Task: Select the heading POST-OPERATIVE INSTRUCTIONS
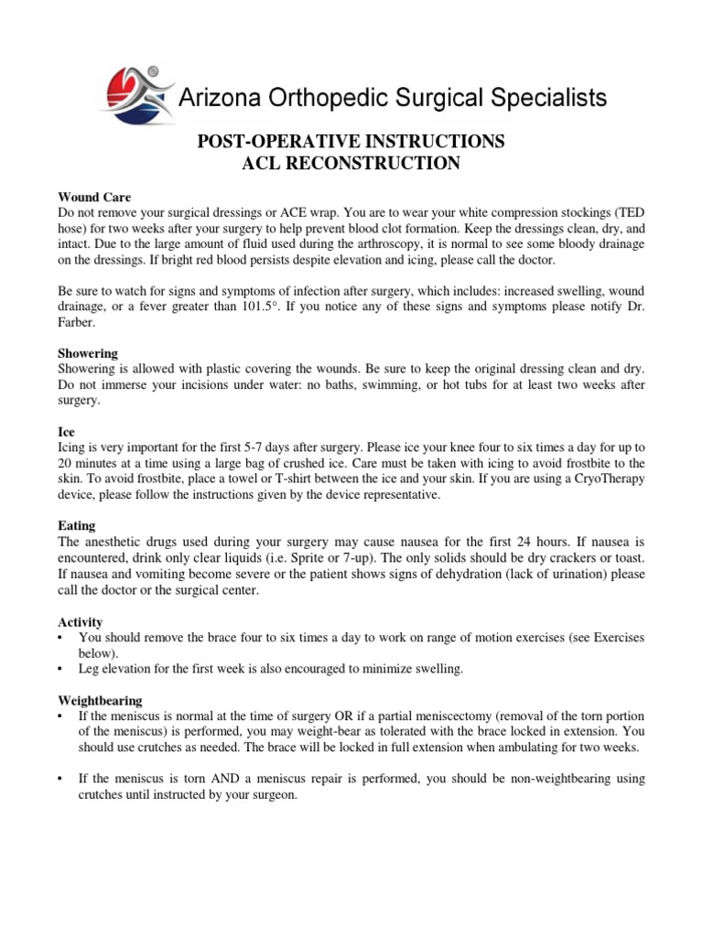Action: (351, 142)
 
